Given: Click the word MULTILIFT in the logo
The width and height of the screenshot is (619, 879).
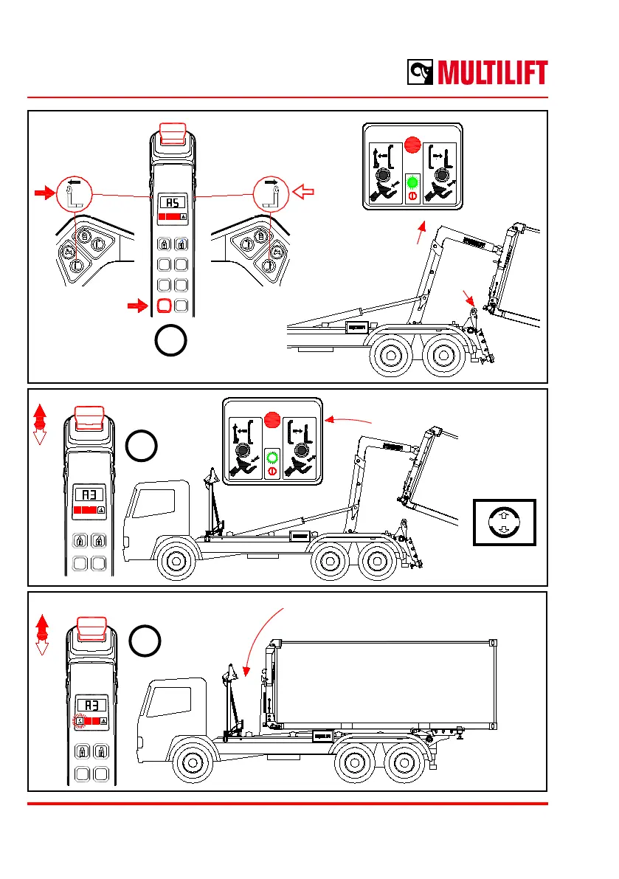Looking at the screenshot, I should tap(493, 73).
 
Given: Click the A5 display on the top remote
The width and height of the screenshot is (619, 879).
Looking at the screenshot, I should tap(172, 203).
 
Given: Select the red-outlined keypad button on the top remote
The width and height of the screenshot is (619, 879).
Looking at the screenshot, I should tap(164, 305).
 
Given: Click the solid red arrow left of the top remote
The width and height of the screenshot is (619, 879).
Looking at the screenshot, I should tap(44, 193).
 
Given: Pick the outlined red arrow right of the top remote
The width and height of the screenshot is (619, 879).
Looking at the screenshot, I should tap(303, 193).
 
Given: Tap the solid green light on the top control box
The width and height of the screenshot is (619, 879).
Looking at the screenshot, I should tap(412, 183).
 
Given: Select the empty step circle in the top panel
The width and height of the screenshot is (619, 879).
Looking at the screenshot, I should tap(171, 341).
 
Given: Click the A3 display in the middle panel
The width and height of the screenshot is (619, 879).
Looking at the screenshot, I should tap(89, 494).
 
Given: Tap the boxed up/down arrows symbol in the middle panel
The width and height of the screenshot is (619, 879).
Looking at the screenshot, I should tap(504, 522).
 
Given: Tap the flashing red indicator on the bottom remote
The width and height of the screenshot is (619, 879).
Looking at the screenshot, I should tap(79, 721).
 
